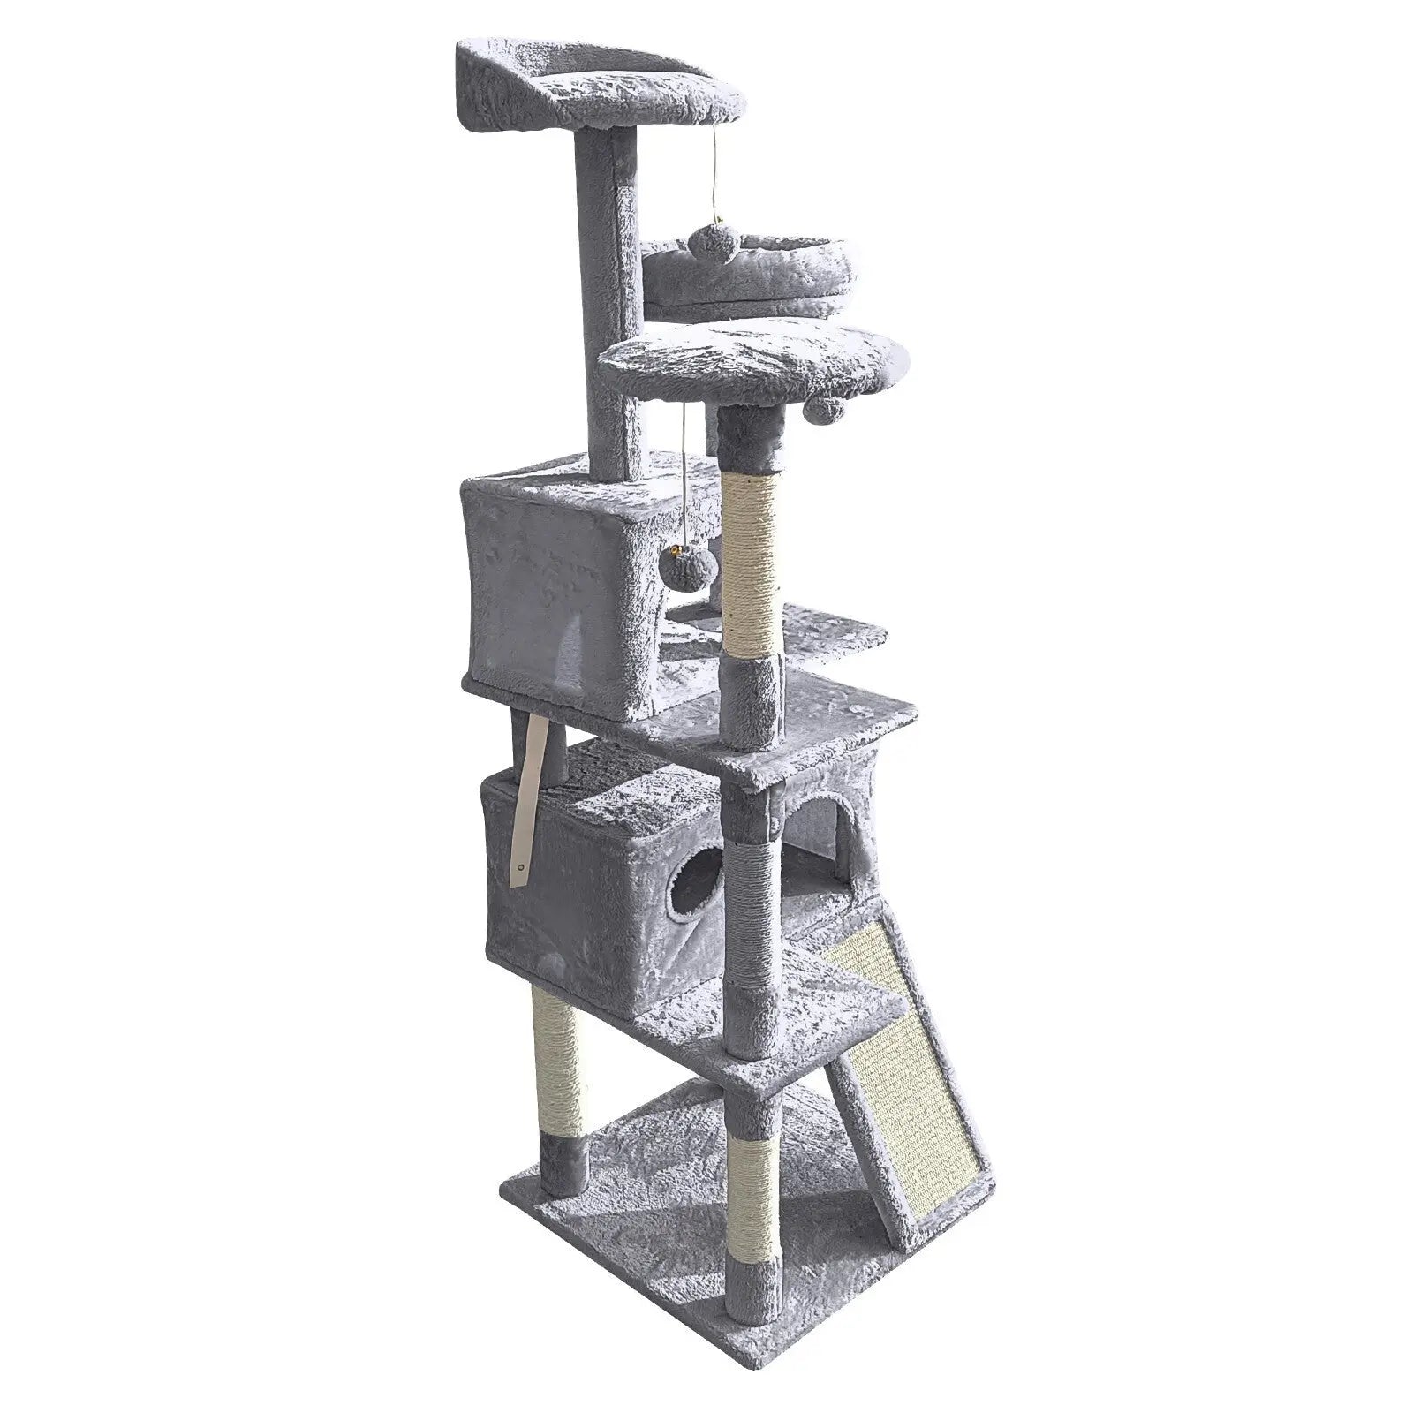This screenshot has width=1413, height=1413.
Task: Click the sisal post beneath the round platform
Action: [x=752, y=565]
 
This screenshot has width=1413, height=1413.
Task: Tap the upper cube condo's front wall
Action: [x=549, y=592]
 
